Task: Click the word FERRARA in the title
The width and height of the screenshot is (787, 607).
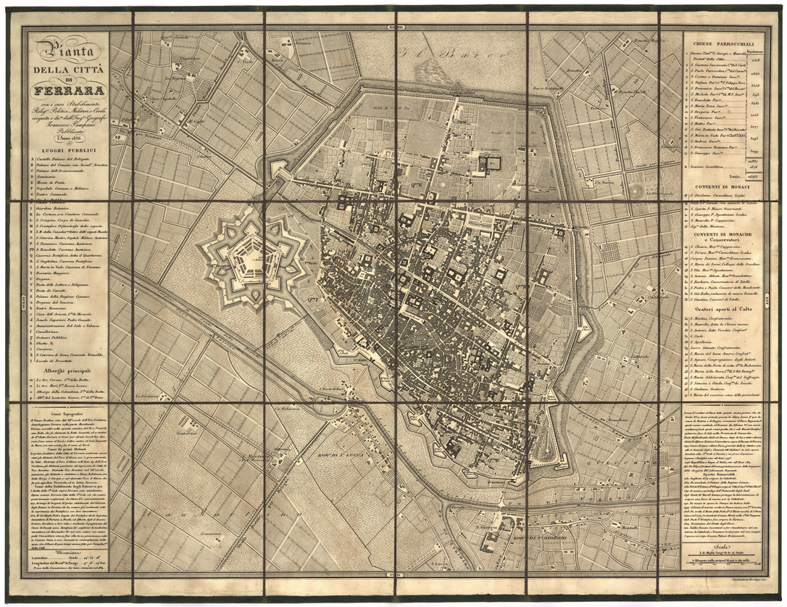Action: pyautogui.click(x=65, y=91)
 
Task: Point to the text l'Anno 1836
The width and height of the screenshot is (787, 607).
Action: pyautogui.click(x=65, y=139)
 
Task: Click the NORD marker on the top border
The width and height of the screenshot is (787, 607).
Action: pyautogui.click(x=397, y=28)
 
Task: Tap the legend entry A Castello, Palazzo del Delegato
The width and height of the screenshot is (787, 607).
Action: pyautogui.click(x=65, y=160)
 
